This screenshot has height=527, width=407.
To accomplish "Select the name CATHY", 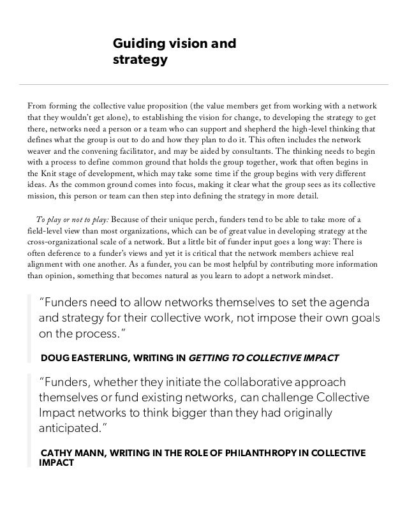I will (57, 454).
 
